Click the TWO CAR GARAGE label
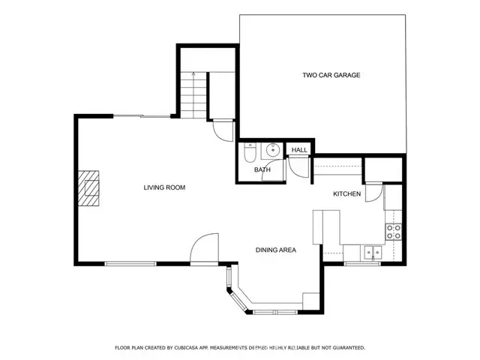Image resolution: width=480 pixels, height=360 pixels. pyautogui.click(x=331, y=75)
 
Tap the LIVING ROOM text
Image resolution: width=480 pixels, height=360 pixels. pyautogui.click(x=164, y=187)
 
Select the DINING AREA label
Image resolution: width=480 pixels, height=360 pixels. pyautogui.click(x=275, y=250)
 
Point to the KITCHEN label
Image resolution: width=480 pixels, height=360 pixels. pyautogui.click(x=347, y=194)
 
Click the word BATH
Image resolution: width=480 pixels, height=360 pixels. pyautogui.click(x=262, y=170)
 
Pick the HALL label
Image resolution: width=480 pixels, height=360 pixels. pyautogui.click(x=299, y=151)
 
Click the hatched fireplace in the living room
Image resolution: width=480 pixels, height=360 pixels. pyautogui.click(x=91, y=188)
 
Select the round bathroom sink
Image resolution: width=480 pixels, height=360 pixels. pyautogui.click(x=273, y=150)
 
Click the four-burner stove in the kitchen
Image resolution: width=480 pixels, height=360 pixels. pyautogui.click(x=394, y=232)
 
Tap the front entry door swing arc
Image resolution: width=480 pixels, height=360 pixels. pyautogui.click(x=203, y=248)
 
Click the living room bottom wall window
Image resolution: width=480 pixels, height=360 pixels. pyautogui.click(x=130, y=263)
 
